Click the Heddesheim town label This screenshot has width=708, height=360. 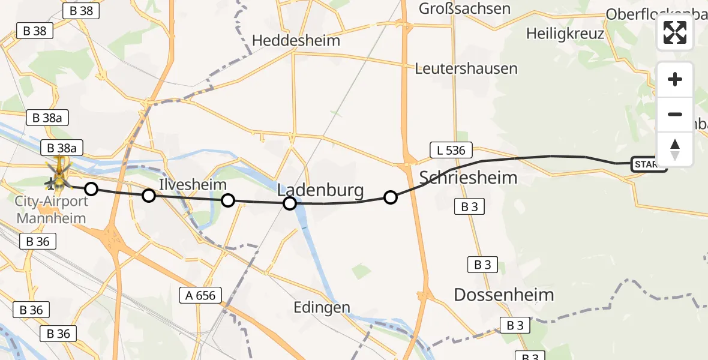296,41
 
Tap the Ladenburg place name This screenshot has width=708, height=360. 320,191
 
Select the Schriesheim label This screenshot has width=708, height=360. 468,178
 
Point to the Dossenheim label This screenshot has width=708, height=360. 504,295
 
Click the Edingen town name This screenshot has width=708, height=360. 322,308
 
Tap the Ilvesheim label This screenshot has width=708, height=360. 193,184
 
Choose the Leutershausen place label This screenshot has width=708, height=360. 466,68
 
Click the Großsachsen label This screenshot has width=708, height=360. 464,8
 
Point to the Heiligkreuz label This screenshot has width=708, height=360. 565,34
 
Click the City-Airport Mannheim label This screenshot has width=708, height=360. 52,209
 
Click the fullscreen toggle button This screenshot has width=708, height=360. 675,32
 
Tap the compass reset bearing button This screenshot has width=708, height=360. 675,149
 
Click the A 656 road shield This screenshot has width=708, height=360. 201,295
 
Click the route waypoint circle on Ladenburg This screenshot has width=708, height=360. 290,203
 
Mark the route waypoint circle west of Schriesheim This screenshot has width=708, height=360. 391,197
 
